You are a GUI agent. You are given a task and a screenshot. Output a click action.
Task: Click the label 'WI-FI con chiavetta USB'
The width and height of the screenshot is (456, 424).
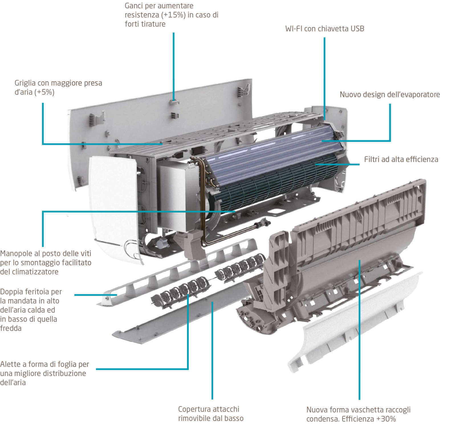pos(325,29)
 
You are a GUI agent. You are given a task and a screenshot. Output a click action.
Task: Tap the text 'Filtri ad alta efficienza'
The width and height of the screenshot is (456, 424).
pos(401,159)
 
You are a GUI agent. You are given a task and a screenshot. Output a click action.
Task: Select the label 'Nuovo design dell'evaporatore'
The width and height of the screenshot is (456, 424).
pos(390,94)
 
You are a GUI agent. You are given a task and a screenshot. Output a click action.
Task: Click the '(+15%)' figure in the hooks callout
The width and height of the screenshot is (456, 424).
pos(172,15)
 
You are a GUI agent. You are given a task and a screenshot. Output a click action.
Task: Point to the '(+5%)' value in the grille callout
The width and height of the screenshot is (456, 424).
pos(44,92)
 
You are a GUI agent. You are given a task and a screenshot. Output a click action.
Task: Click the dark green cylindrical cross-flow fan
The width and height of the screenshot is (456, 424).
pos(274,185)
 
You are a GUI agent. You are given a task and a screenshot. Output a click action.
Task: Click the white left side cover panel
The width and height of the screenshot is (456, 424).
pos(114,200)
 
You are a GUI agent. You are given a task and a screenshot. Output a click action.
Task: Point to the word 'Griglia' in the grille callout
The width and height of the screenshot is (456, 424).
pos(25,83)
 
